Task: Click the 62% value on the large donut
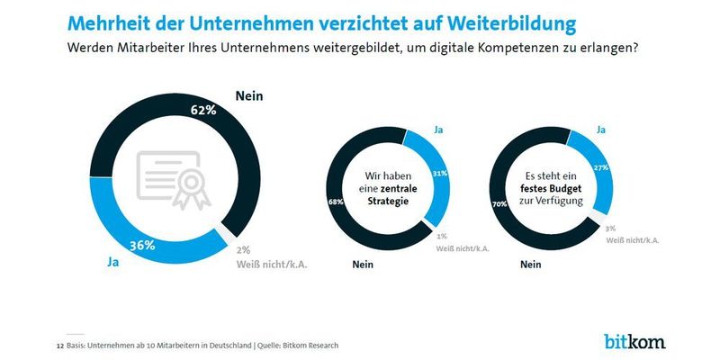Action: pyautogui.click(x=203, y=111)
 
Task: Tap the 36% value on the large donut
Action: pyautogui.click(x=141, y=245)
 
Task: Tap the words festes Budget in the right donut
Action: pyautogui.click(x=553, y=190)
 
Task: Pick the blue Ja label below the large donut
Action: pyautogui.click(x=114, y=263)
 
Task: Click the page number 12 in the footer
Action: pyautogui.click(x=60, y=345)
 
